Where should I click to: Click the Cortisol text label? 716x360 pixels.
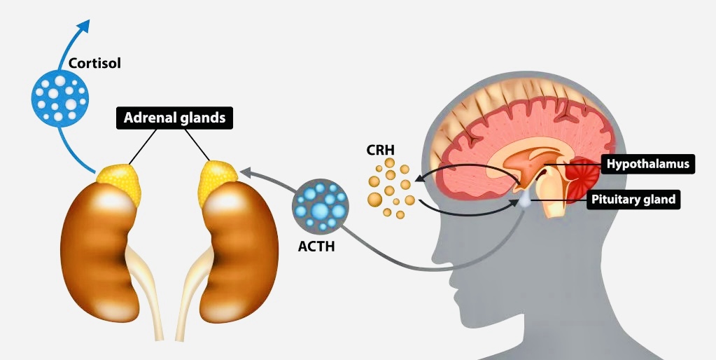[94, 63]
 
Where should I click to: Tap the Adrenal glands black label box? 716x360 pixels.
[174, 118]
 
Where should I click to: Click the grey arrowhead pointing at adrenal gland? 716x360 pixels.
[244, 171]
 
